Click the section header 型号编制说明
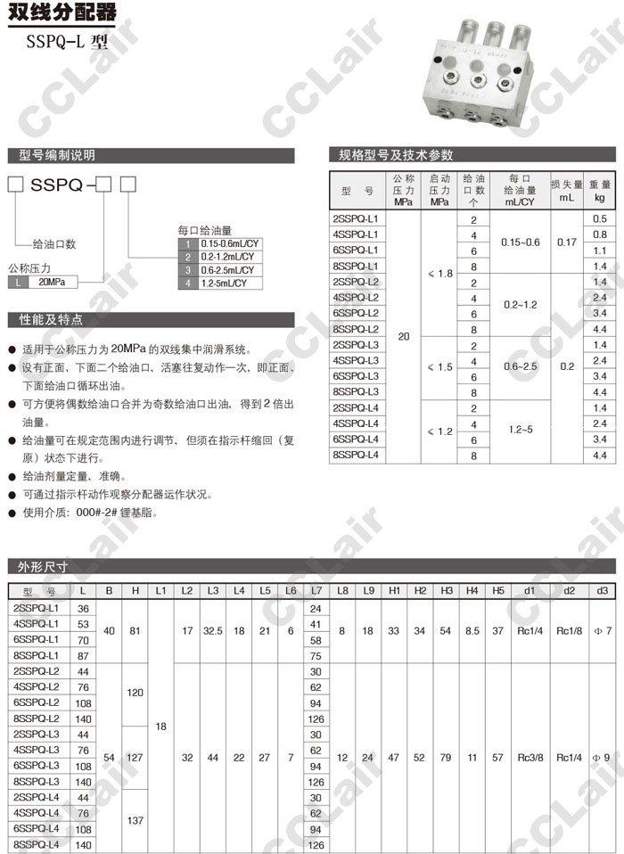click(x=57, y=154)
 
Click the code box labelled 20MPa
click(x=53, y=282)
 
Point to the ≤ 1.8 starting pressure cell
click(x=440, y=274)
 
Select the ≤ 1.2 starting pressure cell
click(x=440, y=431)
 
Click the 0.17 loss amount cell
click(x=566, y=242)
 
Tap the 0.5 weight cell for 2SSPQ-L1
click(x=599, y=219)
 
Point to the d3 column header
click(x=603, y=591)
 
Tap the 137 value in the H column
click(x=135, y=821)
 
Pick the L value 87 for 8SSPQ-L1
click(x=84, y=655)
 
